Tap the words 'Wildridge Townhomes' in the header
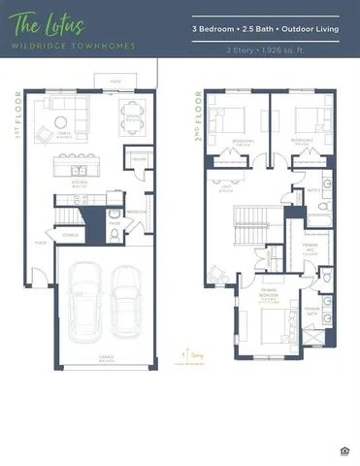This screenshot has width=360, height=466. coord(59,46)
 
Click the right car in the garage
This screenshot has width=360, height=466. coord(125,297)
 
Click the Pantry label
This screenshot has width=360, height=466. coord(139,159)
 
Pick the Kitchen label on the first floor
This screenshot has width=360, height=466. coord(81,182)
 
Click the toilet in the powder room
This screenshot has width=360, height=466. coord(114,216)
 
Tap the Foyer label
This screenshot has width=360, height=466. coord(41,243)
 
